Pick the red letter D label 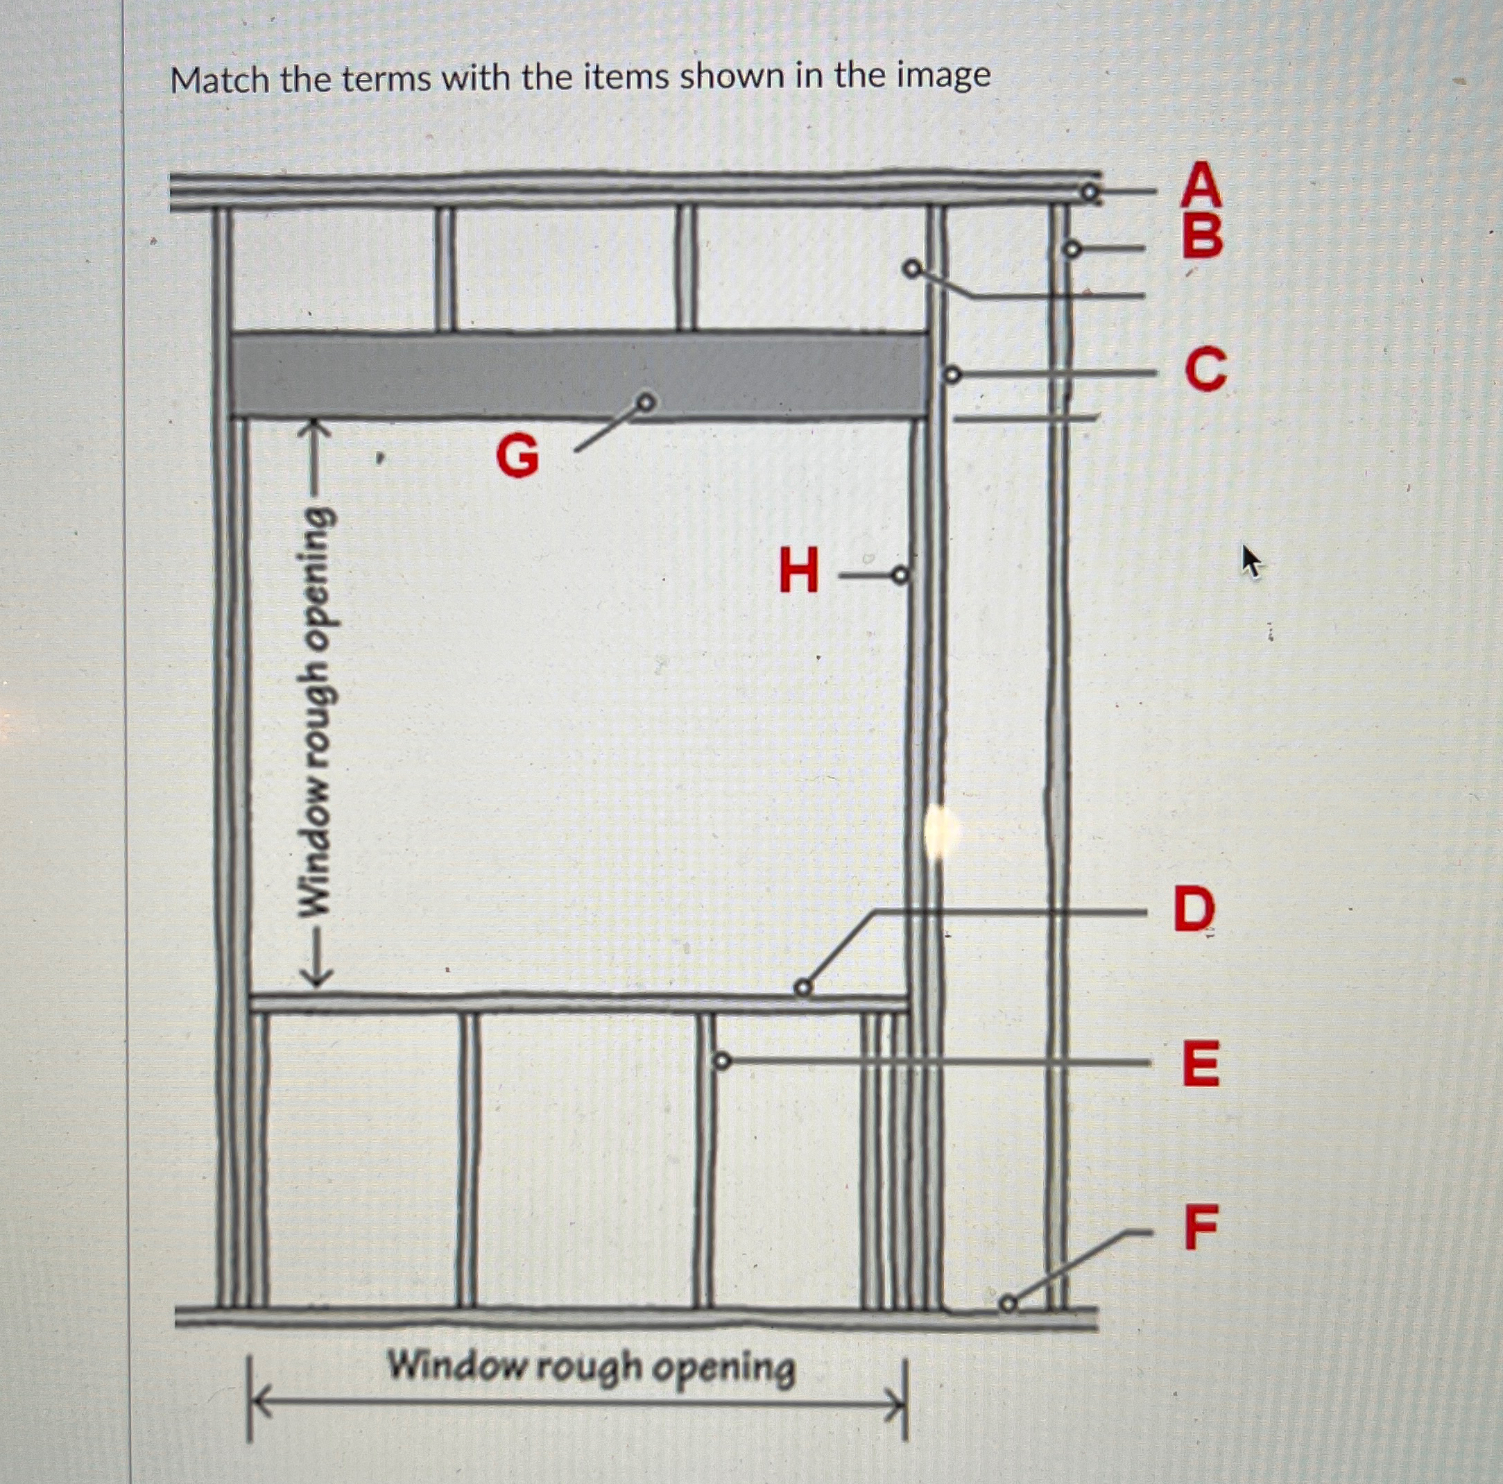click(x=1194, y=910)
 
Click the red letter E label click(x=1201, y=1064)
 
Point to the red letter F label click(x=1201, y=1227)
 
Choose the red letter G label click(x=517, y=456)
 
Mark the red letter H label click(x=799, y=570)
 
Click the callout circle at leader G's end click(x=645, y=402)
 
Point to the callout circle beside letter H click(x=900, y=575)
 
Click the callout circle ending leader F click(x=1008, y=1304)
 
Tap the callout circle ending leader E click(x=723, y=1061)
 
